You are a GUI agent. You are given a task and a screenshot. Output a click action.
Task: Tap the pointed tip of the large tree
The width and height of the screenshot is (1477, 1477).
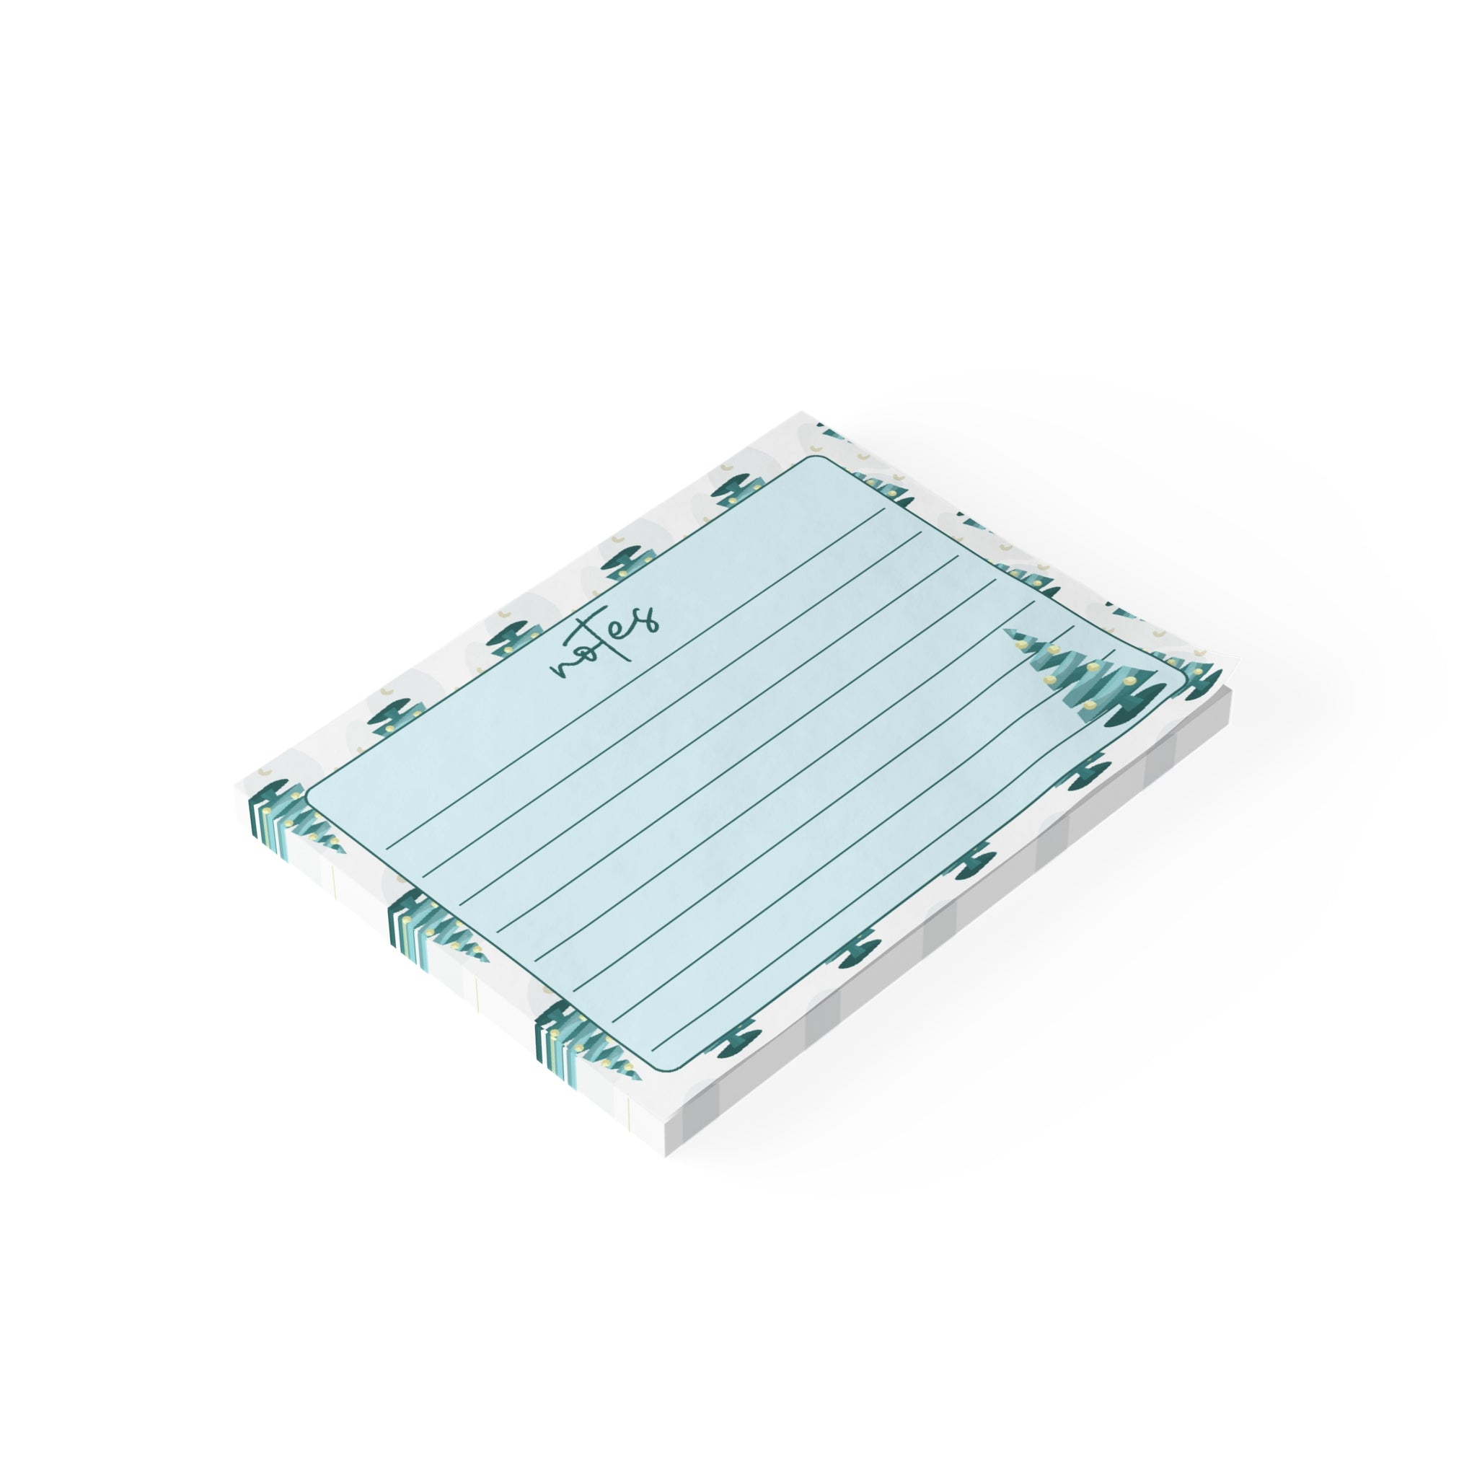coord(1005,631)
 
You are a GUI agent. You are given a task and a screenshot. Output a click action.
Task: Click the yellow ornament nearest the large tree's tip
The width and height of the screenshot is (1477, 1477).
coord(1019,645)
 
